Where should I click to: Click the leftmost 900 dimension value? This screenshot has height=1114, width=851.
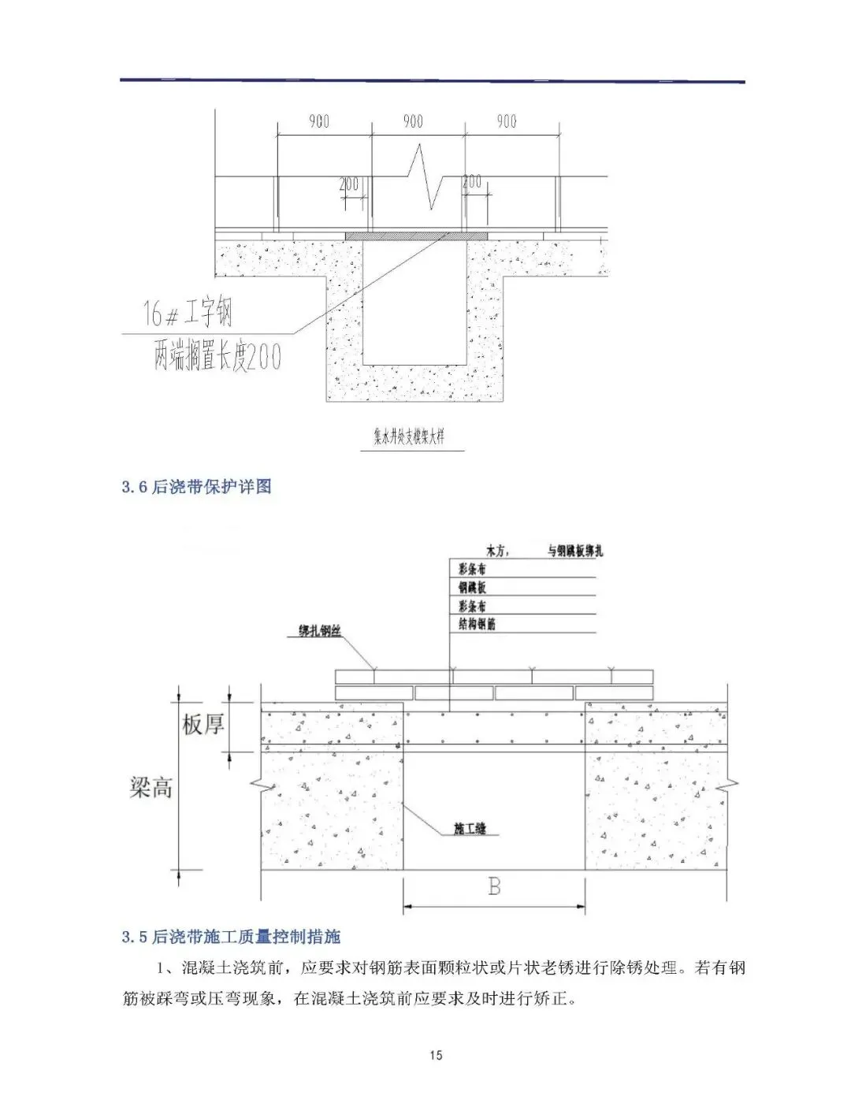pos(318,121)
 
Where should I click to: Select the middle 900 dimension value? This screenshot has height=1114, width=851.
pos(413,121)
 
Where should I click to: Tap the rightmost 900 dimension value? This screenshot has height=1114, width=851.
pos(507,121)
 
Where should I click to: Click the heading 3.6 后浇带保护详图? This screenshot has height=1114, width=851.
pos(197,487)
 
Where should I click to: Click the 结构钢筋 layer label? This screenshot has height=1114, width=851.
pos(477,624)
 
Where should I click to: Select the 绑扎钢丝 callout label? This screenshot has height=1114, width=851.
pos(321,632)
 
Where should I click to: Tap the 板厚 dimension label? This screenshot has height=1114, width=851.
pos(203,725)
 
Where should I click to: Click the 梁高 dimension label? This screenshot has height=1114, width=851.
pos(151,787)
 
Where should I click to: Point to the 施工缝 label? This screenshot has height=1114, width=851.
pos(470,829)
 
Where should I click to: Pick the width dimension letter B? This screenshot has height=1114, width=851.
pos(494,887)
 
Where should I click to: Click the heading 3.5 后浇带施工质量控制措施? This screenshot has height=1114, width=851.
pos(231,937)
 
